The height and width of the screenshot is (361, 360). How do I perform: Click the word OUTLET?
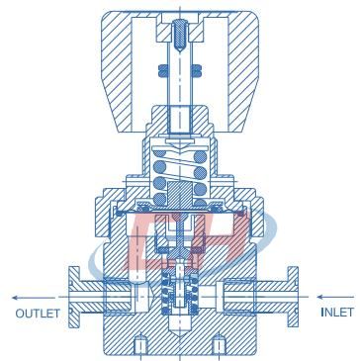click(x=38, y=314)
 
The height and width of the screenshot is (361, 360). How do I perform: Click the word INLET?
click(x=337, y=312)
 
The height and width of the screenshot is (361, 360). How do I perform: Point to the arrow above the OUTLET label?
click(x=34, y=298)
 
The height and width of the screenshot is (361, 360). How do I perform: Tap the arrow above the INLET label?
click(x=335, y=297)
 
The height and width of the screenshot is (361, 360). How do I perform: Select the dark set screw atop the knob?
click(x=181, y=36)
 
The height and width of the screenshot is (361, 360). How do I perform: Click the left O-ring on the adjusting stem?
click(x=163, y=69)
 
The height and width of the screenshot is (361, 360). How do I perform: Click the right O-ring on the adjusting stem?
click(x=197, y=69)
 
